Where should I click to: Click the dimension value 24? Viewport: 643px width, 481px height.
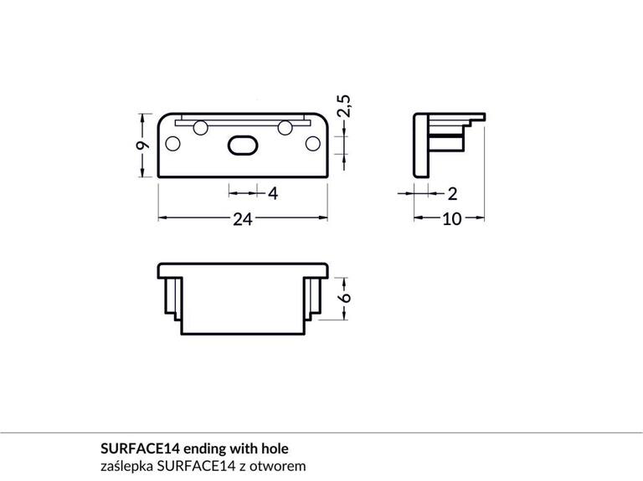tap(242, 219)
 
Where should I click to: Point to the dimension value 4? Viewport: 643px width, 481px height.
tap(272, 194)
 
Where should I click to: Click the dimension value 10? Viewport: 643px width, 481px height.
tap(452, 219)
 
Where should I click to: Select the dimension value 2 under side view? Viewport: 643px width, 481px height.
tap(452, 194)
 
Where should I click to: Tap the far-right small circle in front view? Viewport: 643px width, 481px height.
tap(313, 143)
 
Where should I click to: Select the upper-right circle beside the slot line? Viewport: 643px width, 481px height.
tap(285, 127)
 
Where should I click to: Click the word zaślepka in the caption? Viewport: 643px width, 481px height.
tap(126, 465)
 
